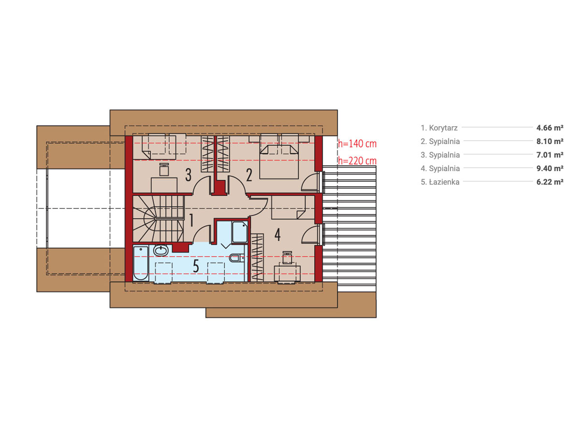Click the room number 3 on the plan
[188, 174]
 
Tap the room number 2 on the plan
[249, 175]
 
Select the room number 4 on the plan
[277, 234]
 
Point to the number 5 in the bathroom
[196, 266]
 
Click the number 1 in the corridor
[191, 220]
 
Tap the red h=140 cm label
[357, 144]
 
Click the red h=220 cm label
[357, 161]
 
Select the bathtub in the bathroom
[141, 263]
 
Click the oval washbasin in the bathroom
[160, 250]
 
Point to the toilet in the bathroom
[237, 258]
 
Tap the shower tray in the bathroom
[240, 232]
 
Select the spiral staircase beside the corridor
[158, 218]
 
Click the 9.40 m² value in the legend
[550, 168]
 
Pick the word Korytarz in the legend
[443, 128]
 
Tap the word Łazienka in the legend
[444, 182]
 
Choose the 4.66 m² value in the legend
[550, 128]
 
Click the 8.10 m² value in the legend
[550, 141]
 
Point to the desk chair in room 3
[164, 170]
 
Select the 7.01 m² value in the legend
[550, 155]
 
